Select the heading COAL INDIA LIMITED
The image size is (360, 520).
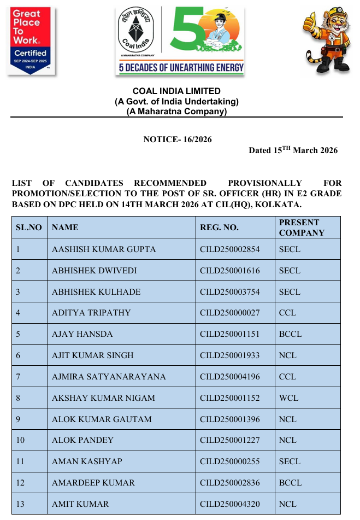[176, 91]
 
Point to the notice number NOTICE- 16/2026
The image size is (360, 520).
[177, 139]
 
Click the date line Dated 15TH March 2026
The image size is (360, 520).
[293, 150]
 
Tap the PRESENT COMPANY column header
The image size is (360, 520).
[302, 227]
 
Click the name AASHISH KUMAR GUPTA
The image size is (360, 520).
[104, 249]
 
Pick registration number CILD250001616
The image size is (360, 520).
[230, 271]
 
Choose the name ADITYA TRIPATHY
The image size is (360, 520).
[91, 313]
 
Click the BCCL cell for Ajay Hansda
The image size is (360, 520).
[290, 334]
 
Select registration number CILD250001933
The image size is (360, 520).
[230, 355]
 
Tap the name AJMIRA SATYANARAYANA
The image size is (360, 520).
[109, 377]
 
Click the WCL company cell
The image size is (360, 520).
[288, 398]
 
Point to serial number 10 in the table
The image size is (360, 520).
[21, 440]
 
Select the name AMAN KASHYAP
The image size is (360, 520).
[87, 461]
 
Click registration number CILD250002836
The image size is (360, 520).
[230, 483]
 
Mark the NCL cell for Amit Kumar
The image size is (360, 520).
[288, 504]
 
